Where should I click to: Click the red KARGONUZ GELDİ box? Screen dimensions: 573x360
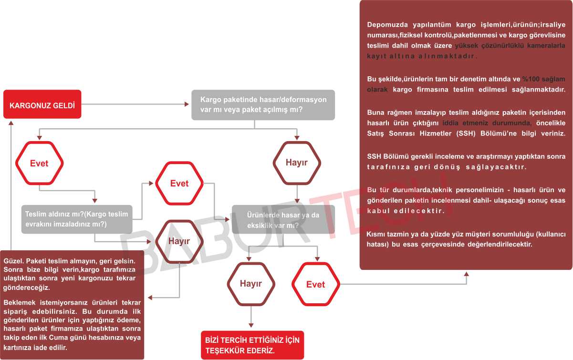tap(42, 104)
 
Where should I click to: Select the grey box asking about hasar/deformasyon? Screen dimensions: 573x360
tap(263, 105)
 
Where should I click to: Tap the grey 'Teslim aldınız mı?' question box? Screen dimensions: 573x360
tap(77, 219)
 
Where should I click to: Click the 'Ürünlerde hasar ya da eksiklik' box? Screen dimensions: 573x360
tap(283, 219)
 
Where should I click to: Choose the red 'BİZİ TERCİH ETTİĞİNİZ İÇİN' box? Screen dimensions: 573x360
tap(252, 345)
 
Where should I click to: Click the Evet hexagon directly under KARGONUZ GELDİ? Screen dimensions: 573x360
tap(40, 163)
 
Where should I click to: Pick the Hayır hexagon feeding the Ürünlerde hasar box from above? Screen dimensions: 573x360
tap(297, 163)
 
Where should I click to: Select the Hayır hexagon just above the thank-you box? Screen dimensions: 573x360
tap(251, 284)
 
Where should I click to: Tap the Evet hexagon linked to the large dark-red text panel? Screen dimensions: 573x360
tap(316, 284)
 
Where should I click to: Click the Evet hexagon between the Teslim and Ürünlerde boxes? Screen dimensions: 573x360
tap(179, 183)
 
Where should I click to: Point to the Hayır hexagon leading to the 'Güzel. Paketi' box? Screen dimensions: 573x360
tap(179, 242)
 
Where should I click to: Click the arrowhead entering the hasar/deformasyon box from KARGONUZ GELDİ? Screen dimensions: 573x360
tap(187, 104)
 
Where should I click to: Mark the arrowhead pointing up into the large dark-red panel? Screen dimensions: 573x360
tap(466, 274)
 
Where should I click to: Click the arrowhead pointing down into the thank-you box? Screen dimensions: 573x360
tap(251, 325)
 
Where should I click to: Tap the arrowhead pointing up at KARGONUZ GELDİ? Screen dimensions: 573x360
tap(11, 123)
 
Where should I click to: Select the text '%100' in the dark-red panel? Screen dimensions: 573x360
tap(531, 79)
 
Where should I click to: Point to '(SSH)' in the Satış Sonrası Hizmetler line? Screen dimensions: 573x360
tap(466, 134)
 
